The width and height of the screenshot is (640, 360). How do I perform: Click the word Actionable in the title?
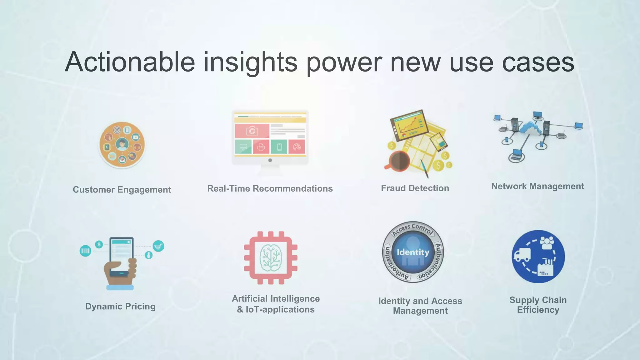pyautogui.click(x=130, y=62)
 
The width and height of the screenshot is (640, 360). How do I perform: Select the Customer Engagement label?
pyautogui.click(x=122, y=190)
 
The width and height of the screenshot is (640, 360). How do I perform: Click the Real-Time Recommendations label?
pyautogui.click(x=270, y=189)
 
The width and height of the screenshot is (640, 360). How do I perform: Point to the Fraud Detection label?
pyautogui.click(x=415, y=188)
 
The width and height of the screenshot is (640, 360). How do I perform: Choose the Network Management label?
pyautogui.click(x=537, y=186)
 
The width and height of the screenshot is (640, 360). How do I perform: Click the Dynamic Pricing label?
pyautogui.click(x=120, y=306)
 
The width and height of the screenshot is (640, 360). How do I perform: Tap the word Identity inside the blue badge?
pyautogui.click(x=413, y=252)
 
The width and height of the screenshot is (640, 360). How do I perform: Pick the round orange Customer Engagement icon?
pyautogui.click(x=122, y=145)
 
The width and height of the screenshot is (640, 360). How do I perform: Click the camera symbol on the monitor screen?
pyautogui.click(x=252, y=131)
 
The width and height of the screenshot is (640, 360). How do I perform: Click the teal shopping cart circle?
pyautogui.click(x=158, y=246)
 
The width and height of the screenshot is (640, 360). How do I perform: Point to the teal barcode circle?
pyautogui.click(x=85, y=251)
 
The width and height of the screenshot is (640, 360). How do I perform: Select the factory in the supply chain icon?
pyautogui.click(x=545, y=268)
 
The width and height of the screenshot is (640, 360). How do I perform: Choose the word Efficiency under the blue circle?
pyautogui.click(x=538, y=310)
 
